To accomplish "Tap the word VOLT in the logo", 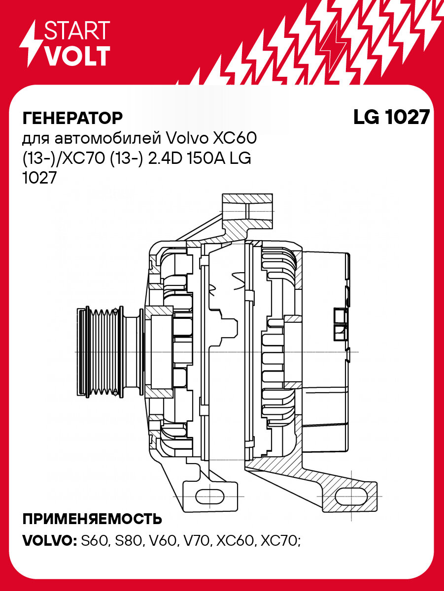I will pyautogui.click(x=77, y=56).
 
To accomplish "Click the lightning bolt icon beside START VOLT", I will pyautogui.click(x=31, y=44).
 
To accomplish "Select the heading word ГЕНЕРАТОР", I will pyautogui.click(x=72, y=118).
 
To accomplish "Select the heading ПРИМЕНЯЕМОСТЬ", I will pyautogui.click(x=92, y=519).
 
